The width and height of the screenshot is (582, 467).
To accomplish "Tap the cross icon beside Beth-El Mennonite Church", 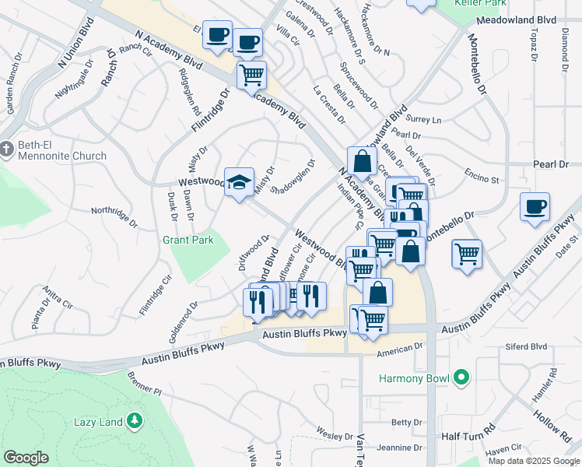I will pyautogui.click(x=6, y=148).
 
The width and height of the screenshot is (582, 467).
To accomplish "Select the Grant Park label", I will pyautogui.click(x=188, y=241).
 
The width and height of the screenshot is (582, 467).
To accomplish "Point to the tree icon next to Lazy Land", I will pyautogui.click(x=135, y=421).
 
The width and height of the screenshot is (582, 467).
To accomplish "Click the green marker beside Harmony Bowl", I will pyautogui.click(x=461, y=378).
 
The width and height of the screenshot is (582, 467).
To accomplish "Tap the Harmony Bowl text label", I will pyautogui.click(x=414, y=379).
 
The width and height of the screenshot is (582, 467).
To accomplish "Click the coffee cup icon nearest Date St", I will pyautogui.click(x=535, y=208).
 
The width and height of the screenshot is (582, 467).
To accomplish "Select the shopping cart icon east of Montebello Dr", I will pyautogui.click(x=466, y=254).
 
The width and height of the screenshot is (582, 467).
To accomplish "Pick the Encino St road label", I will pyautogui.click(x=482, y=181).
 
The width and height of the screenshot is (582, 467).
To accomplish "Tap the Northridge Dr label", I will pyautogui.click(x=114, y=217).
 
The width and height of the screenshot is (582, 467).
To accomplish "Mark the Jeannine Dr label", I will pyautogui.click(x=396, y=448).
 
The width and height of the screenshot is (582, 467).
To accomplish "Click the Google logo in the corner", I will pyautogui.click(x=26, y=458).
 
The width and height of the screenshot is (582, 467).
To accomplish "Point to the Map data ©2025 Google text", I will pyautogui.click(x=533, y=461).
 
